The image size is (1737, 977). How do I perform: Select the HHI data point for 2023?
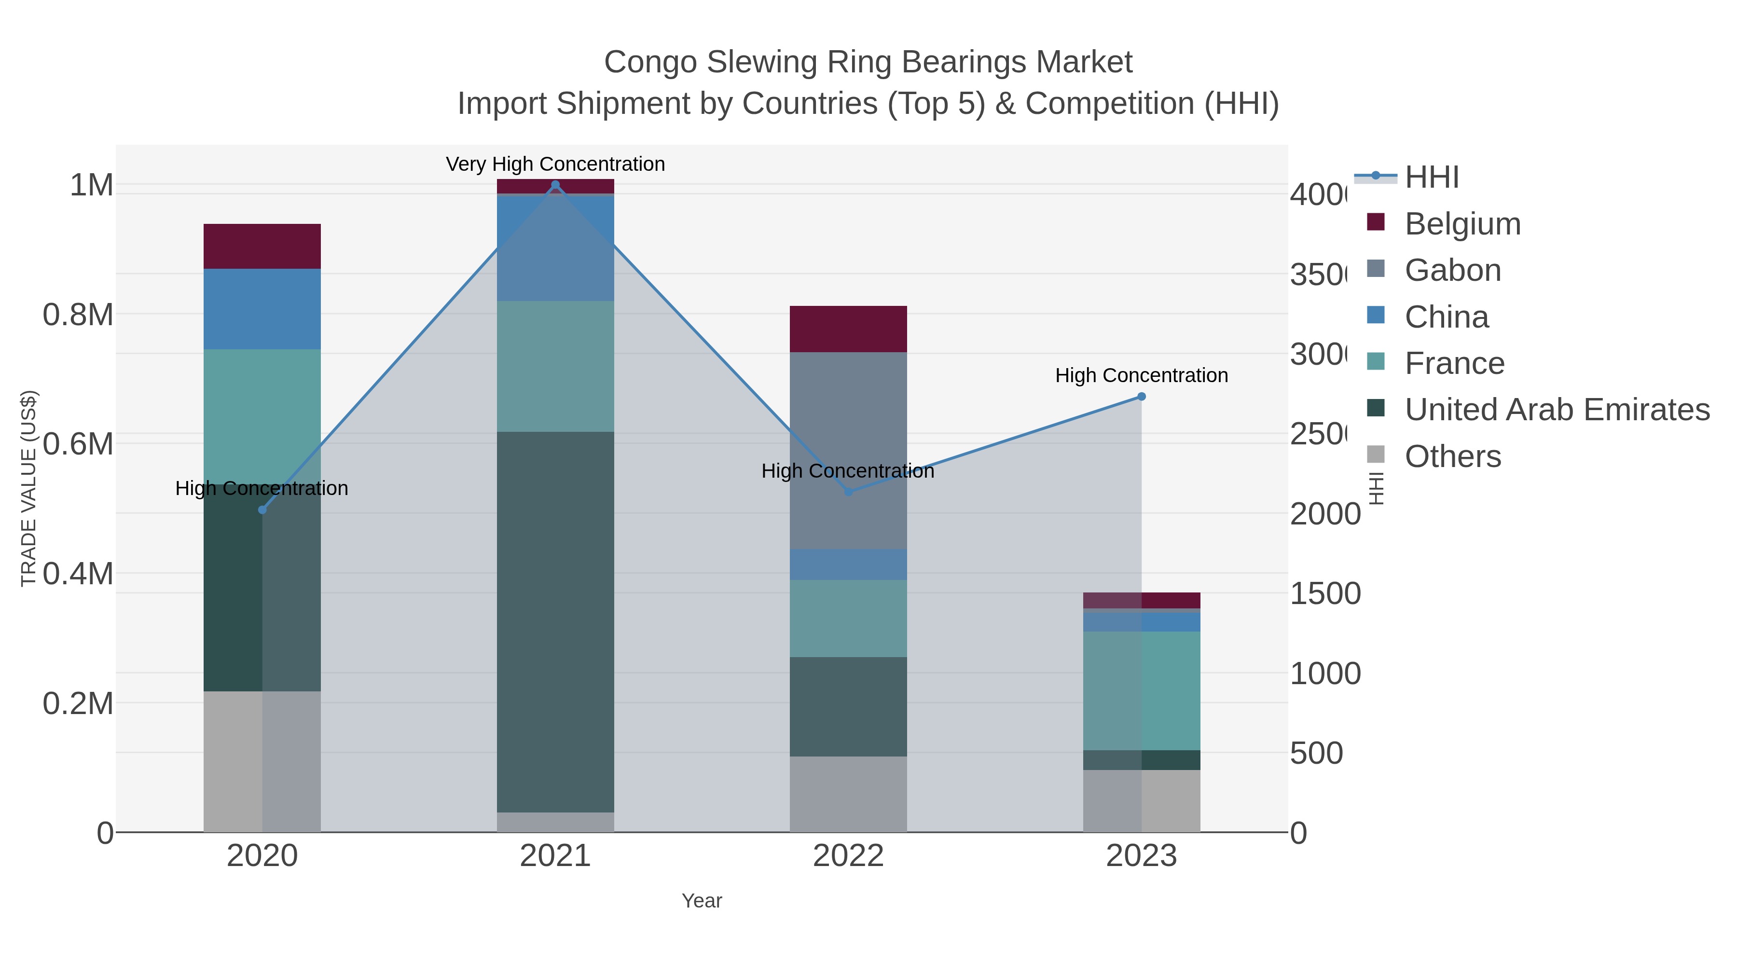1141,397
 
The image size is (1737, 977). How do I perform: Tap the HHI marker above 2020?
262,510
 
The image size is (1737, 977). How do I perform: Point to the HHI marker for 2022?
848,492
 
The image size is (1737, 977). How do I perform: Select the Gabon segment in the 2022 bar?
848,451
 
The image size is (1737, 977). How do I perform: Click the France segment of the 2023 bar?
1141,690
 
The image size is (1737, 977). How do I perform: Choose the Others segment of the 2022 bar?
848,794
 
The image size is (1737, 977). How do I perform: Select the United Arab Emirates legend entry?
1556,409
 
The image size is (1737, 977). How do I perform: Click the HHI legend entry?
1431,178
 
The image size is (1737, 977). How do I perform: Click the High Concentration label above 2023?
1141,375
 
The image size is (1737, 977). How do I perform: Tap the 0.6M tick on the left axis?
78,444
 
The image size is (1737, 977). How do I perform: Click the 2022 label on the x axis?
848,855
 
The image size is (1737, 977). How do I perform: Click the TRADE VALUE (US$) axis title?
28,488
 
